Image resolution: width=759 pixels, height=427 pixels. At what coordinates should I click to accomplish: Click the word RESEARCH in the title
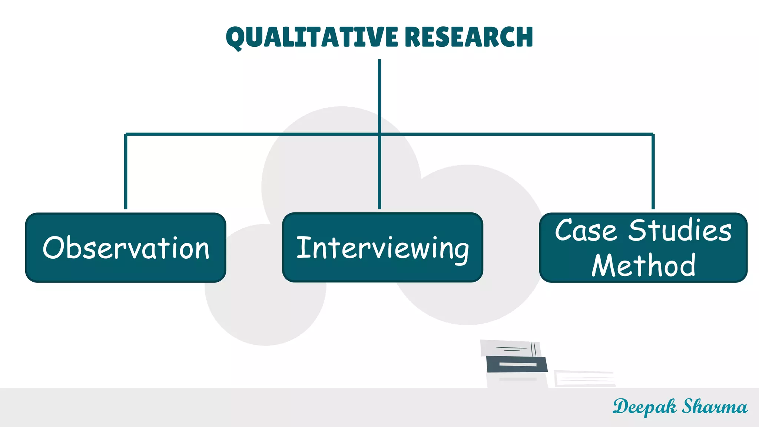[x=468, y=37]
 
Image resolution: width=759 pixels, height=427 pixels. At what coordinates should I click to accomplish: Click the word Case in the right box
[x=586, y=231]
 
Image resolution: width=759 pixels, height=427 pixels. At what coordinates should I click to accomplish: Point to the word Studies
[x=680, y=231]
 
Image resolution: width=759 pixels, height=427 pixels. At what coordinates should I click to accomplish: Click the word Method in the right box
[x=643, y=265]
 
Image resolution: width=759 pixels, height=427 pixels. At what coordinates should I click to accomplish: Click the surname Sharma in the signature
[x=715, y=407]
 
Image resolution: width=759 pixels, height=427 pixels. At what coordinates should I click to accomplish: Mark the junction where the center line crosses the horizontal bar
[x=379, y=134]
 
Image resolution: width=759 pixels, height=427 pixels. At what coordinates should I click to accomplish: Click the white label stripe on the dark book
[x=518, y=365]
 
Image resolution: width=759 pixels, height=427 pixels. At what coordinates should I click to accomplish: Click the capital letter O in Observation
[x=54, y=248]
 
